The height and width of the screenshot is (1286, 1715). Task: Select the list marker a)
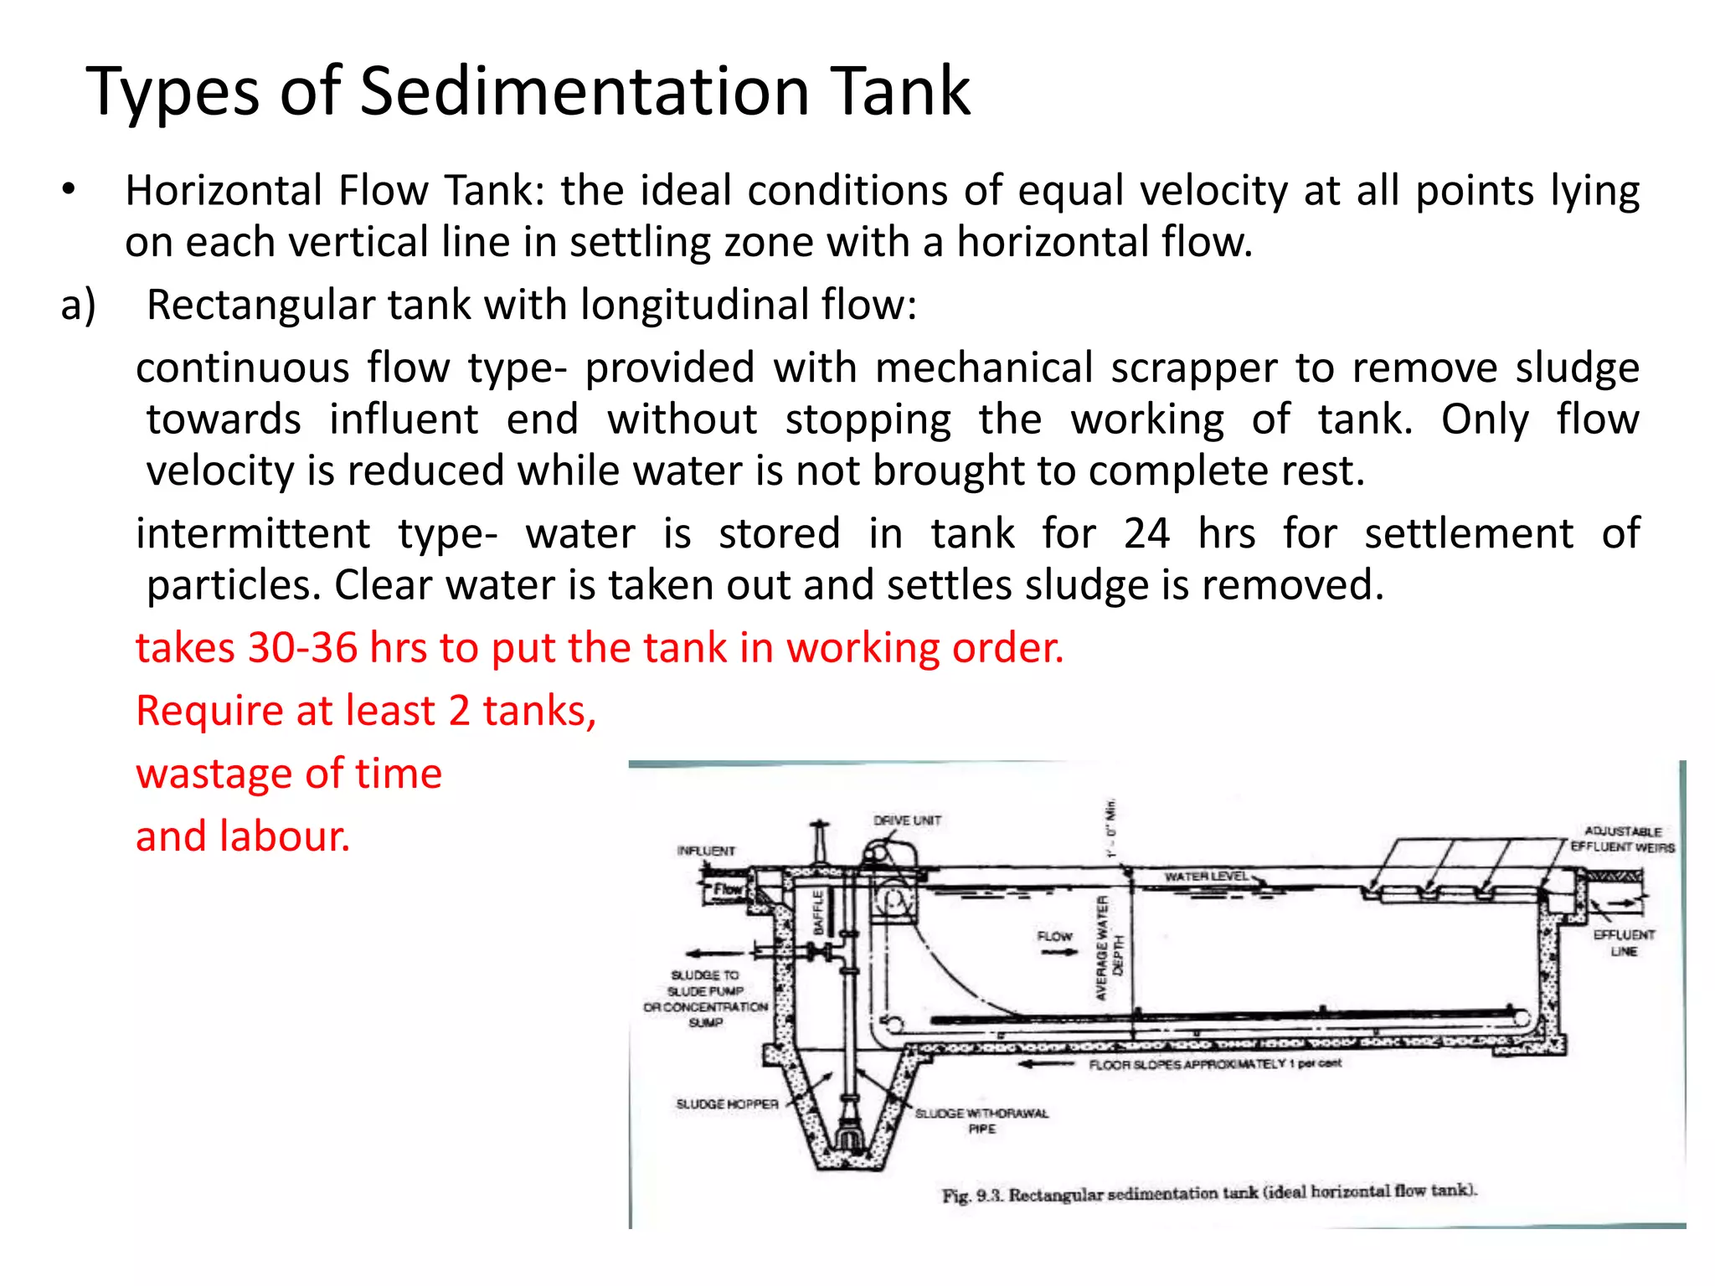[x=78, y=305]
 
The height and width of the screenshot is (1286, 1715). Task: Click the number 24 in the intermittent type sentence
[x=1146, y=533]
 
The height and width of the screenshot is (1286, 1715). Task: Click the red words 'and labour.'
[x=243, y=836]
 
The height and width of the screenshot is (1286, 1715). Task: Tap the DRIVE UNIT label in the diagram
[x=907, y=820]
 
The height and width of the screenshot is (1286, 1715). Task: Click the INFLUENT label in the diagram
[x=706, y=851]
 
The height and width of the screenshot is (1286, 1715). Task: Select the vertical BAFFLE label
[x=820, y=911]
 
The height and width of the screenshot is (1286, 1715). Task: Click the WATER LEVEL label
[x=1206, y=877]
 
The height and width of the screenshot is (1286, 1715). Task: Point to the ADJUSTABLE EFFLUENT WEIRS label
[x=1622, y=839]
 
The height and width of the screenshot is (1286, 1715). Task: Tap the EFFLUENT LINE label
[x=1624, y=943]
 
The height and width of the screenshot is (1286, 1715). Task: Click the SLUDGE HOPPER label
[x=727, y=1104]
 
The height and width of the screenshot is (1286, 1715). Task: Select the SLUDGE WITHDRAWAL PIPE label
[x=981, y=1120]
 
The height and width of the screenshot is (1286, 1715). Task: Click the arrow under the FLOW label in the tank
[x=1058, y=953]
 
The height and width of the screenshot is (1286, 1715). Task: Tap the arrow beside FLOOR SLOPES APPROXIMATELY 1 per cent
[x=1046, y=1064]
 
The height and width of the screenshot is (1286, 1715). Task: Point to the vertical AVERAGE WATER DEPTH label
[x=1110, y=949]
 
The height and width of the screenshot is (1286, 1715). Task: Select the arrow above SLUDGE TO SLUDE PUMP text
[x=714, y=953]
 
